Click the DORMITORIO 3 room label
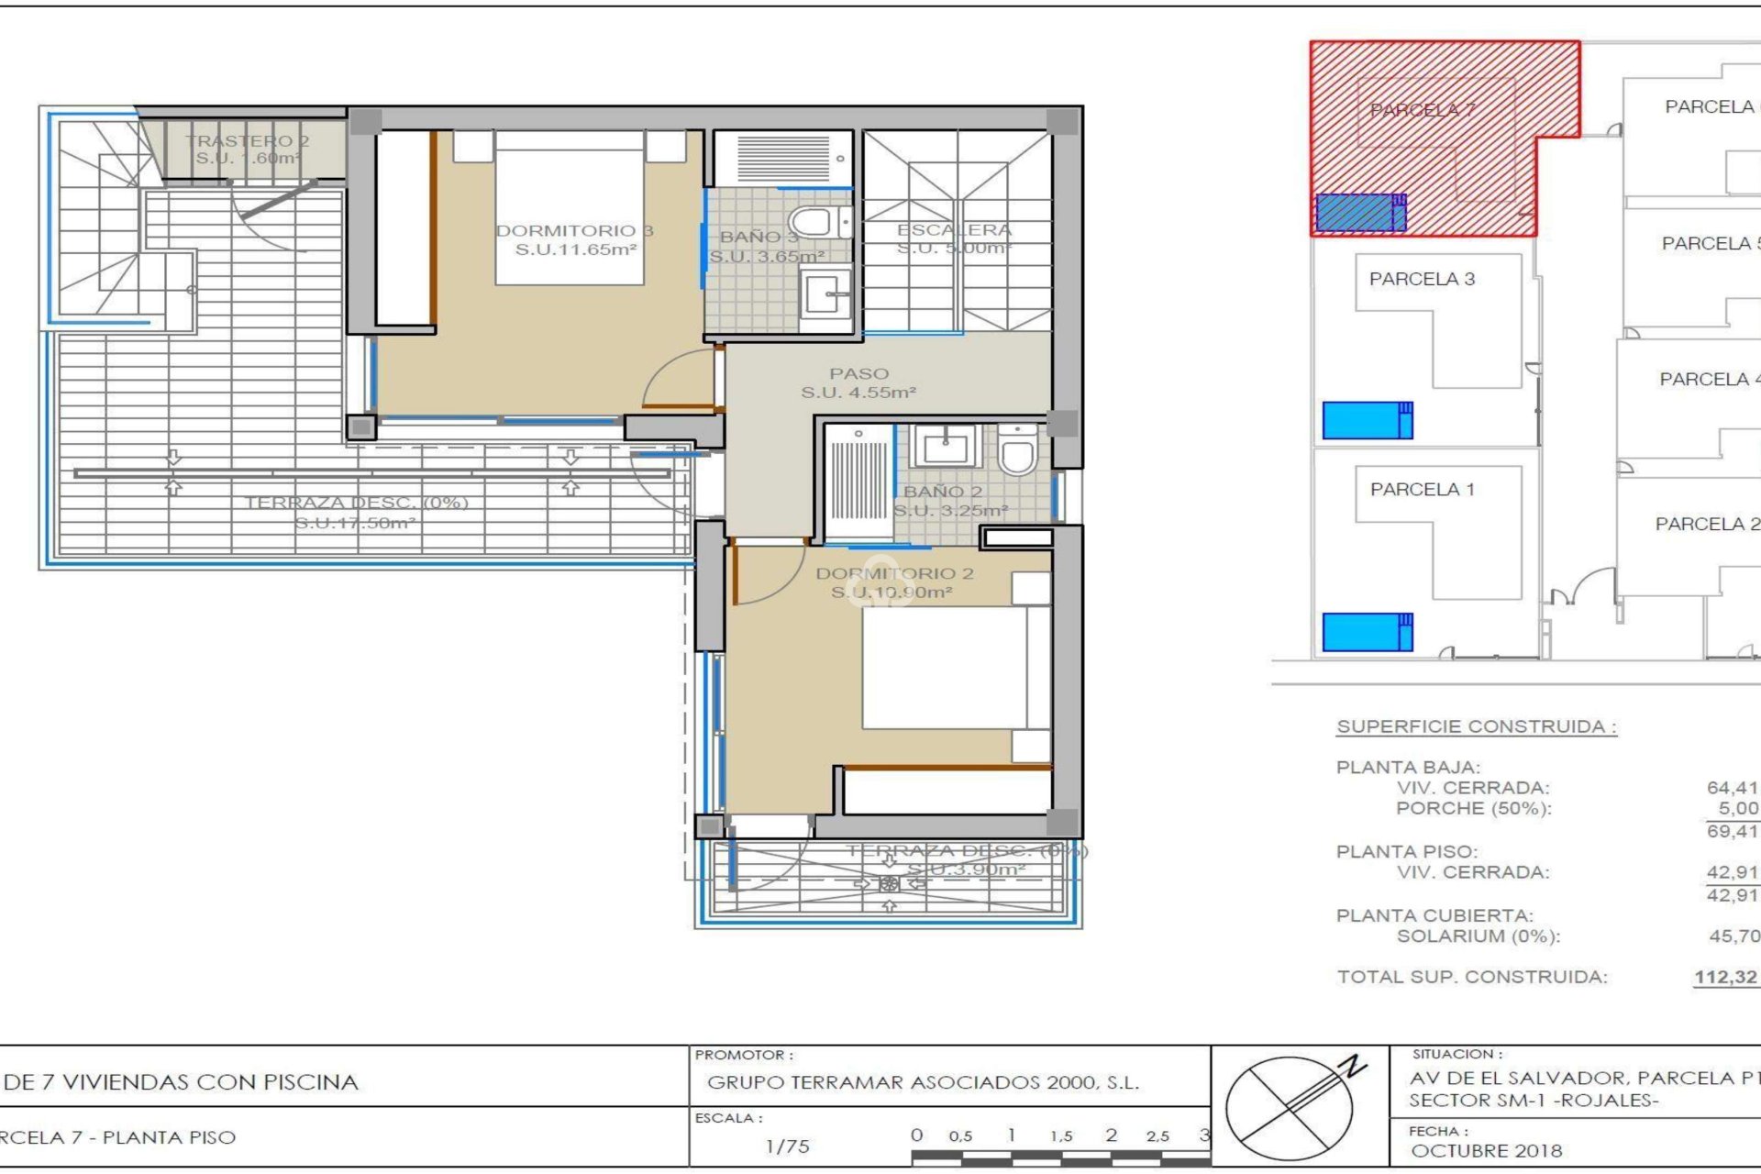click(x=574, y=231)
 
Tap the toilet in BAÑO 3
click(x=814, y=222)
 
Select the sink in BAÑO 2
click(x=945, y=449)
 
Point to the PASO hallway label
click(x=859, y=374)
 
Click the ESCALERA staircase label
click(x=954, y=230)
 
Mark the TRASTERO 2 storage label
click(x=247, y=141)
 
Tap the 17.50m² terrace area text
click(x=355, y=524)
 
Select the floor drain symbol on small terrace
click(x=889, y=884)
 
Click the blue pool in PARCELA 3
click(x=1366, y=421)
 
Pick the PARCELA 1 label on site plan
click(x=1422, y=490)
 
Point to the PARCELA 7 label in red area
click(x=1422, y=110)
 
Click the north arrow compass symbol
click(x=1291, y=1106)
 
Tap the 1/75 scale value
click(x=787, y=1146)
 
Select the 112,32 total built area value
click(x=1725, y=978)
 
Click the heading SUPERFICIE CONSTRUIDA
click(x=1476, y=727)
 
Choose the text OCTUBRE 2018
click(x=1486, y=1151)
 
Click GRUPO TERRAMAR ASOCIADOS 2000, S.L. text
click(x=923, y=1083)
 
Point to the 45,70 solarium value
click(x=1733, y=936)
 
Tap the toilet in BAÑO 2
click(x=1017, y=450)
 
